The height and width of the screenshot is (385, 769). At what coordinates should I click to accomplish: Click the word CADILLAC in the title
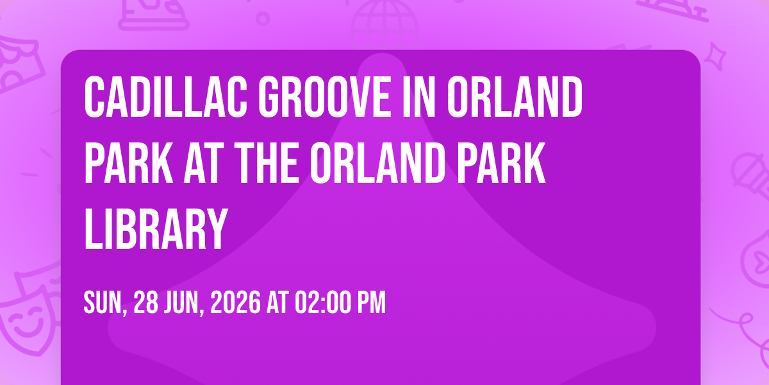tap(165, 97)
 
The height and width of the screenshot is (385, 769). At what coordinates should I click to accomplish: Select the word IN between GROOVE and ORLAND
tap(418, 97)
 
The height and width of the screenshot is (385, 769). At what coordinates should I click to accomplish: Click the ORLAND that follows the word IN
tap(515, 97)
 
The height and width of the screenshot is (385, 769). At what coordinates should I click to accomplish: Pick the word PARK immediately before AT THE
tap(129, 163)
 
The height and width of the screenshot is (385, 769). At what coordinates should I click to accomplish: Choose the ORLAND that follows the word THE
tap(377, 163)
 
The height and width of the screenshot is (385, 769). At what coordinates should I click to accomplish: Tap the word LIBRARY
tap(156, 230)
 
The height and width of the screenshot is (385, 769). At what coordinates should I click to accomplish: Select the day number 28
tap(146, 302)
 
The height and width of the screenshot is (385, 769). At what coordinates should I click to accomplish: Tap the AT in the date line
tap(277, 302)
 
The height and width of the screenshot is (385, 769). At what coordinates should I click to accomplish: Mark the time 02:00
tap(323, 302)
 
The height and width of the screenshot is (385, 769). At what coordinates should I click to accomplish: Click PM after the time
tap(372, 302)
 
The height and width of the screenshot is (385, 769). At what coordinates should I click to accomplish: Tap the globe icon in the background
tap(384, 24)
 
